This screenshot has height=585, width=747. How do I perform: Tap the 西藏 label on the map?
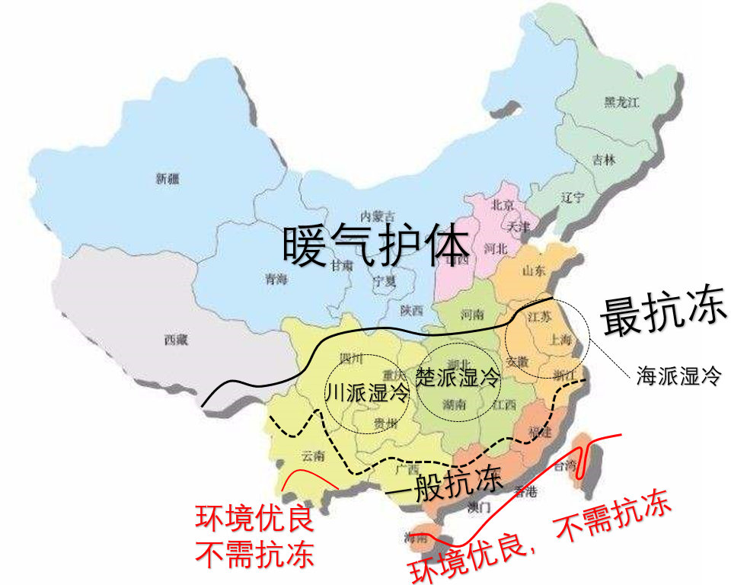[175, 340]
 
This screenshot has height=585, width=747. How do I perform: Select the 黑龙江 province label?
[621, 103]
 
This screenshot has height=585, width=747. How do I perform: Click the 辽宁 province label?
[572, 197]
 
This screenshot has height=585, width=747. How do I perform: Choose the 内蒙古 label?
[378, 216]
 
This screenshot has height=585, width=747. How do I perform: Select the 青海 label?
[276, 280]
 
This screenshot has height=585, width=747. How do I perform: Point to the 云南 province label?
[312, 456]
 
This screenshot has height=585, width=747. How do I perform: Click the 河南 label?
[472, 313]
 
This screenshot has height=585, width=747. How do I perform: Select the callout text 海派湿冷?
[678, 376]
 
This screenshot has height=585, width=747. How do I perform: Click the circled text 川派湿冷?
[367, 393]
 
